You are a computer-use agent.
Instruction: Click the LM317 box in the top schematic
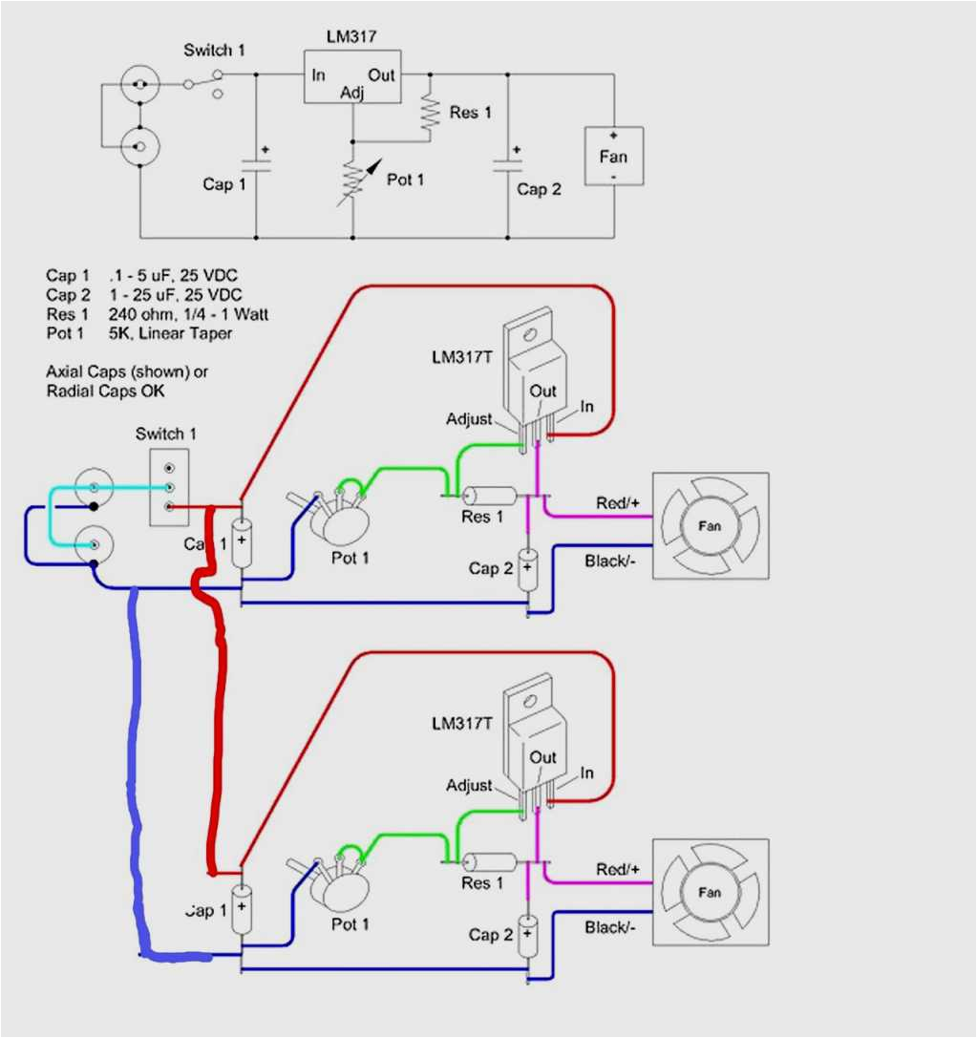point(352,76)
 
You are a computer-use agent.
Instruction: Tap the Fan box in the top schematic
point(614,157)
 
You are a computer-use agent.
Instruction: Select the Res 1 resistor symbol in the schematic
point(431,113)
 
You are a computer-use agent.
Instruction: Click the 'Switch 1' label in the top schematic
point(216,51)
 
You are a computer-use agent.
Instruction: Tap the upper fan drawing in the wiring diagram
point(710,526)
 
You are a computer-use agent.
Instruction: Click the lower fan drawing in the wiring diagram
point(710,893)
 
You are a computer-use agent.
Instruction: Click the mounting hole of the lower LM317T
point(531,700)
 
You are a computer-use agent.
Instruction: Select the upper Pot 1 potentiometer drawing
point(340,516)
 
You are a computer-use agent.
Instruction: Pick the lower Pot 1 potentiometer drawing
point(340,883)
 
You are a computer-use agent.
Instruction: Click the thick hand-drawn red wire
point(217,688)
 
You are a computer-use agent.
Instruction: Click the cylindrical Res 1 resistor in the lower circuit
point(489,862)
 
